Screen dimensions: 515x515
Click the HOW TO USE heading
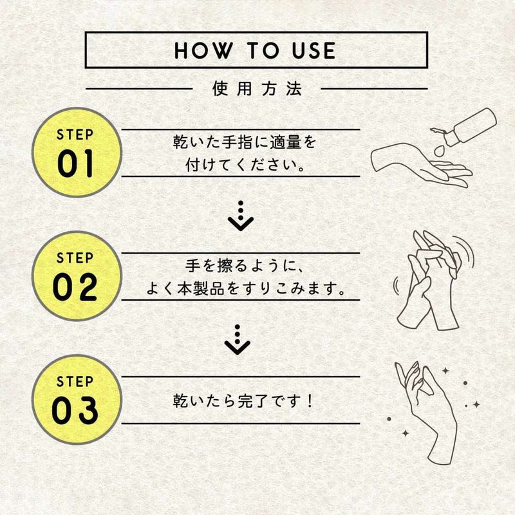click(x=255, y=50)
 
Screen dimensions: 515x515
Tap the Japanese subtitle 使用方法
click(x=256, y=89)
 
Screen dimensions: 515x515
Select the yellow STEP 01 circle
click(x=77, y=153)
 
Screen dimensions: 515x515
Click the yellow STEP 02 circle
click(x=77, y=276)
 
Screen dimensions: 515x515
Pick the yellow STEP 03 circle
click(x=77, y=399)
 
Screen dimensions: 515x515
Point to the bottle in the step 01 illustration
click(x=466, y=127)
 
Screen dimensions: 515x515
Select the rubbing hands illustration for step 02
click(x=433, y=280)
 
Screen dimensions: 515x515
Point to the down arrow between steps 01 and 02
click(x=241, y=216)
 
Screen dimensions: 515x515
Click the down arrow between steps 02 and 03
click(x=238, y=340)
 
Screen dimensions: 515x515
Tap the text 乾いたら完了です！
click(x=243, y=400)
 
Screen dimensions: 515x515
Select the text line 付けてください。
click(x=245, y=165)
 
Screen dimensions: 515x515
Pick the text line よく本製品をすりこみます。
click(x=246, y=288)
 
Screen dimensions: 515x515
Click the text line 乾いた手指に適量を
click(x=245, y=142)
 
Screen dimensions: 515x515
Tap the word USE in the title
click(x=314, y=51)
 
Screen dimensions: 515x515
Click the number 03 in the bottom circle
click(x=75, y=410)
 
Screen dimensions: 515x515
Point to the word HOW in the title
click(x=203, y=51)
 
